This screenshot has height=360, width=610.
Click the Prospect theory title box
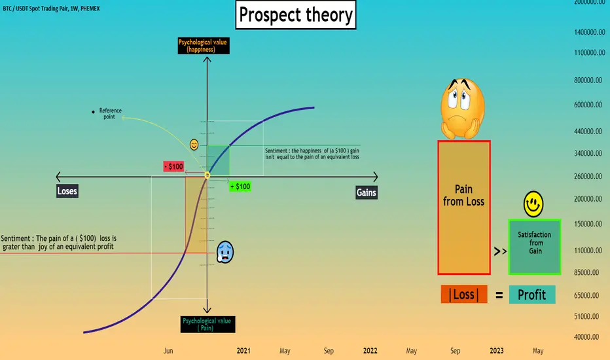tap(296, 15)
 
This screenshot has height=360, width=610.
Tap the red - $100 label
tap(173, 166)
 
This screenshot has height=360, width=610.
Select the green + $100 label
tap(240, 187)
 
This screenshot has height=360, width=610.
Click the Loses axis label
tap(67, 191)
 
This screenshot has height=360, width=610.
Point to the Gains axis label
tap(367, 192)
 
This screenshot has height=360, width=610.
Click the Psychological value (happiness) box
tap(204, 46)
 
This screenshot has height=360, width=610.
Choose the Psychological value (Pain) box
tap(207, 324)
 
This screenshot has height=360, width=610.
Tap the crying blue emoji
tap(225, 252)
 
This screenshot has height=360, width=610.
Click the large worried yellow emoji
tap(463, 108)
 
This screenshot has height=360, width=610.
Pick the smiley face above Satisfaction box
tap(533, 204)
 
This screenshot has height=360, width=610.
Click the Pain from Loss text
tap(464, 195)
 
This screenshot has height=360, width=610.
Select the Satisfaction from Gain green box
tap(535, 247)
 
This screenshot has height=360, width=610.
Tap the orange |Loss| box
tap(464, 295)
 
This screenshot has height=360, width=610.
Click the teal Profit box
tap(532, 295)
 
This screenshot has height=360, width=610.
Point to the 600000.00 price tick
tap(589, 105)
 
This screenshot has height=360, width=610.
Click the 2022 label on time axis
tap(370, 351)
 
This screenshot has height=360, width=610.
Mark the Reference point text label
tap(110, 114)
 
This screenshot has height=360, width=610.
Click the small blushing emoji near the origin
tap(194, 145)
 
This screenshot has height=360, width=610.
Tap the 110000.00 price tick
tap(589, 251)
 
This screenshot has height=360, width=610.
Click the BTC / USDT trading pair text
tap(51, 9)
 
